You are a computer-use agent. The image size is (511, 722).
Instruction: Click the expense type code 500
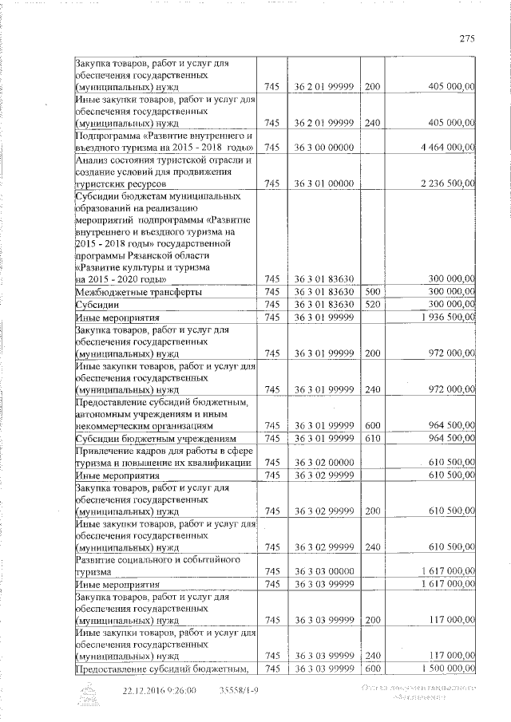[x=372, y=293]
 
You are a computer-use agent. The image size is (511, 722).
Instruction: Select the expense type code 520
[x=372, y=305]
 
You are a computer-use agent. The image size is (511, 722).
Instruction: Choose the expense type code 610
[x=372, y=439]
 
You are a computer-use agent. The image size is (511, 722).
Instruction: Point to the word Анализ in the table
[x=93, y=160]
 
